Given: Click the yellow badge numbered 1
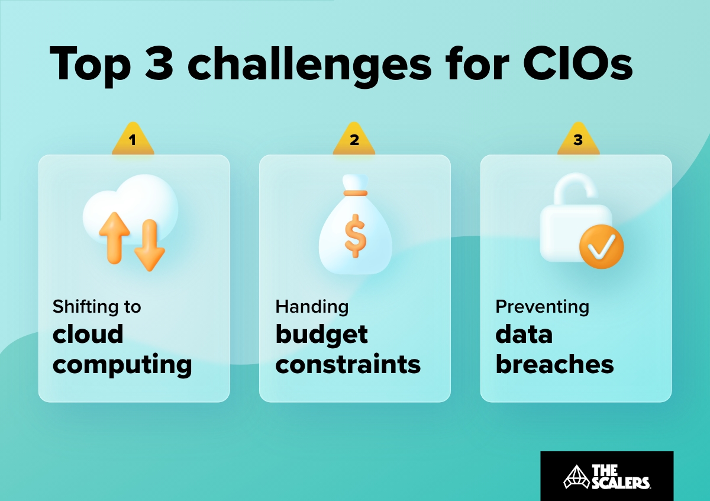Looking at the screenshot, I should [133, 141].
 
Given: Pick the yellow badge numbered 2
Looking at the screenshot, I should [354, 141].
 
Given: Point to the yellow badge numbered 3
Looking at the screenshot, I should [578, 141].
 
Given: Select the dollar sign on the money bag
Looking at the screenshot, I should [355, 235].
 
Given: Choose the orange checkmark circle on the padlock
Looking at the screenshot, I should [601, 245].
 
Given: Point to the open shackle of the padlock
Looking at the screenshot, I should [573, 189].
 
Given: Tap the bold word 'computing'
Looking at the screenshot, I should [122, 365].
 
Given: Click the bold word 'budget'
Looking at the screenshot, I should [321, 335].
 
